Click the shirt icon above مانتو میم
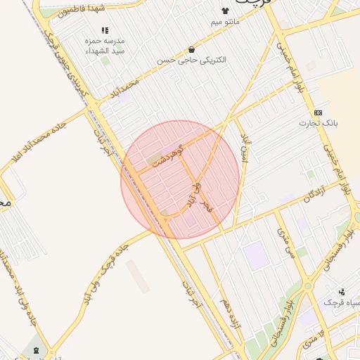(x=225, y=11)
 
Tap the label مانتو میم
(x=225, y=22)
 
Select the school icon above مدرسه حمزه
(x=105, y=30)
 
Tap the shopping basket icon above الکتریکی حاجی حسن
(x=192, y=49)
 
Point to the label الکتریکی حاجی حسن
(x=202, y=60)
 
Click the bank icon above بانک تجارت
(x=319, y=112)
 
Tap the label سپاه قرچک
(x=341, y=302)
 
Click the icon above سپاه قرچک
(x=342, y=291)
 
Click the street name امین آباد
(x=244, y=148)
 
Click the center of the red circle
(x=180, y=180)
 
